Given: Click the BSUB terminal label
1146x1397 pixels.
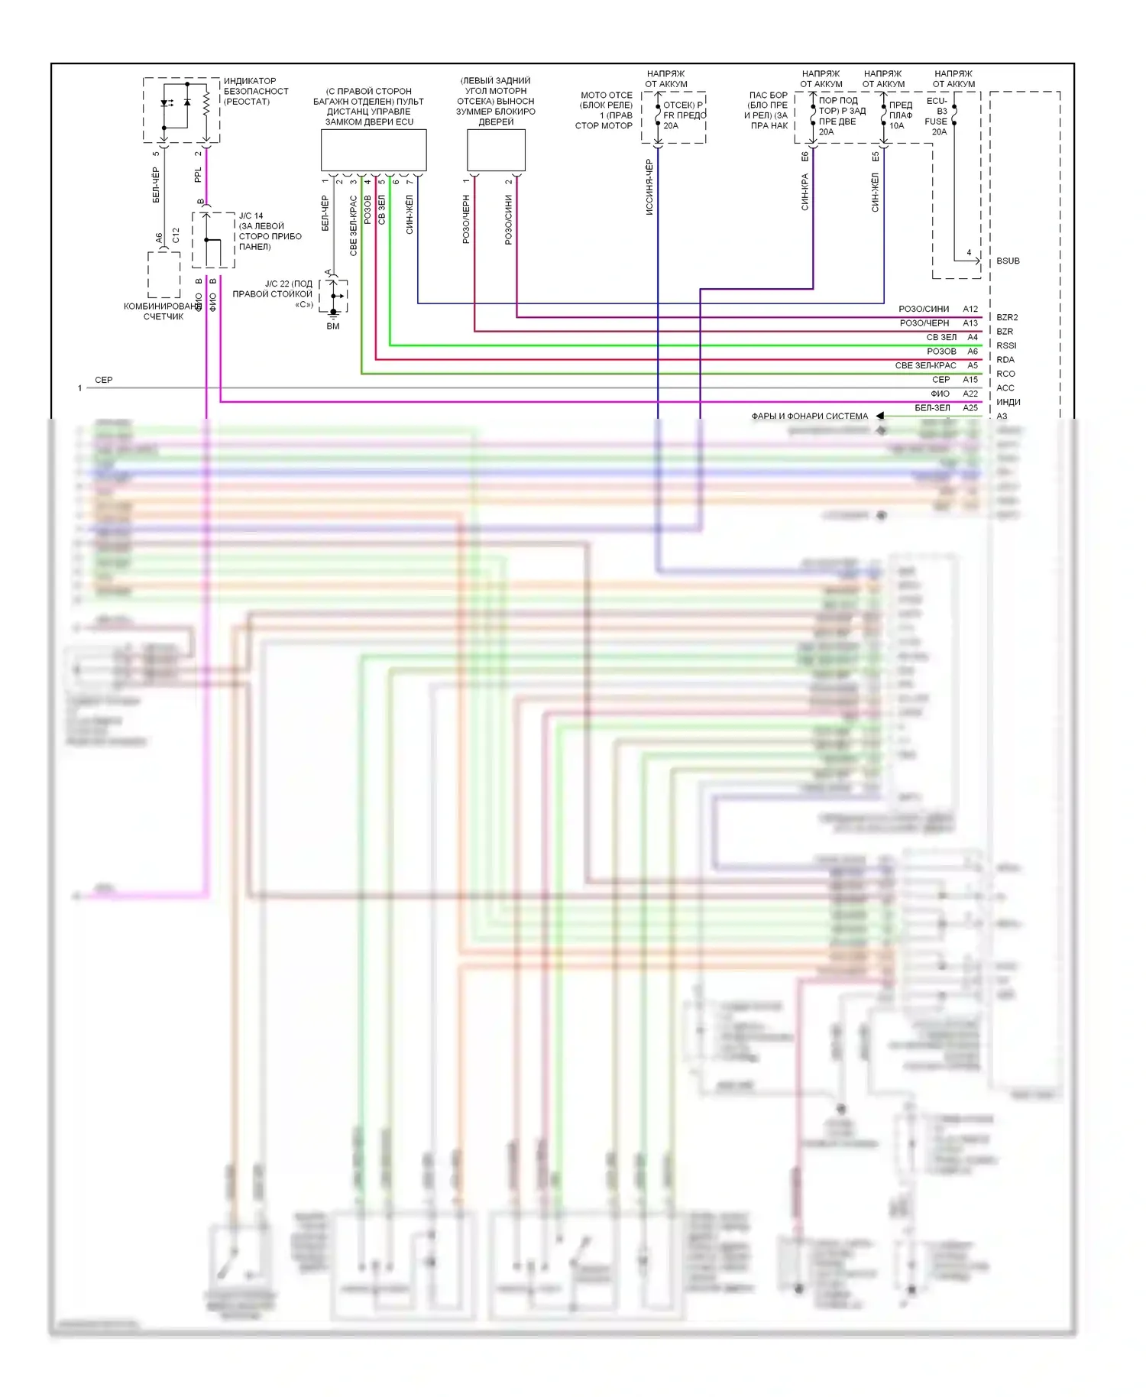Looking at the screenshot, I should pyautogui.click(x=1008, y=261).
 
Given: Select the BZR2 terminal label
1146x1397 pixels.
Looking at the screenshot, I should pyautogui.click(x=1007, y=317).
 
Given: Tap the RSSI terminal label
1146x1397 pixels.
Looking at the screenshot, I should pyautogui.click(x=1006, y=345).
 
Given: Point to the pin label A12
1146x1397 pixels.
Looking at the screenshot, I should pyautogui.click(x=970, y=309).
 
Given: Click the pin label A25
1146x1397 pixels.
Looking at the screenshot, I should pyautogui.click(x=970, y=408).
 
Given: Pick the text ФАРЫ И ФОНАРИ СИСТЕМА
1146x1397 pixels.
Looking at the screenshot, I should pyautogui.click(x=809, y=417).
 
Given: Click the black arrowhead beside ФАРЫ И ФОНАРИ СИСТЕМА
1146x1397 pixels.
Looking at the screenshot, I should pyautogui.click(x=880, y=416).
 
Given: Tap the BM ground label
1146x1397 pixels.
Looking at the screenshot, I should pyautogui.click(x=333, y=326).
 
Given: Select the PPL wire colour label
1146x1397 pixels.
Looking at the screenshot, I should pyautogui.click(x=198, y=175).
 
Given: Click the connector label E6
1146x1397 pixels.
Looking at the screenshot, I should pyautogui.click(x=804, y=157).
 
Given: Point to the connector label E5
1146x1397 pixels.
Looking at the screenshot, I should pyautogui.click(x=876, y=157).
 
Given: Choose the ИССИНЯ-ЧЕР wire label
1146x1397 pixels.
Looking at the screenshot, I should pyautogui.click(x=649, y=187).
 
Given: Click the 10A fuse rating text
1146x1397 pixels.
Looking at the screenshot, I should pyautogui.click(x=896, y=126).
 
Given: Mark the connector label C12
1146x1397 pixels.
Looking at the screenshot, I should pyautogui.click(x=176, y=235).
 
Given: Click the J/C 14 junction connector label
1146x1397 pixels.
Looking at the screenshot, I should pyautogui.click(x=251, y=216).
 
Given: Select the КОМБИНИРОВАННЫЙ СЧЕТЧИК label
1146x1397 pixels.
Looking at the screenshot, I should pyautogui.click(x=163, y=311).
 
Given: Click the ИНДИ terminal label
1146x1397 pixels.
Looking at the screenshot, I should pyautogui.click(x=1008, y=402).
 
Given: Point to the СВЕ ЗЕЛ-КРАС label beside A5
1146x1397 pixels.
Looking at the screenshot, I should pyautogui.click(x=925, y=365).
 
